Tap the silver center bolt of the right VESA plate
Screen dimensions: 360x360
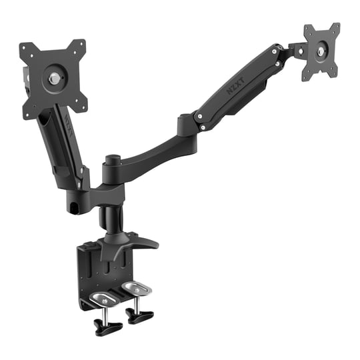pyautogui.click(x=323, y=49)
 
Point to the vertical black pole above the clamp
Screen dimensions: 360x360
pyautogui.click(x=108, y=219)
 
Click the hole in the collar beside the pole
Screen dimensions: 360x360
pyautogui.click(x=76, y=207)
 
